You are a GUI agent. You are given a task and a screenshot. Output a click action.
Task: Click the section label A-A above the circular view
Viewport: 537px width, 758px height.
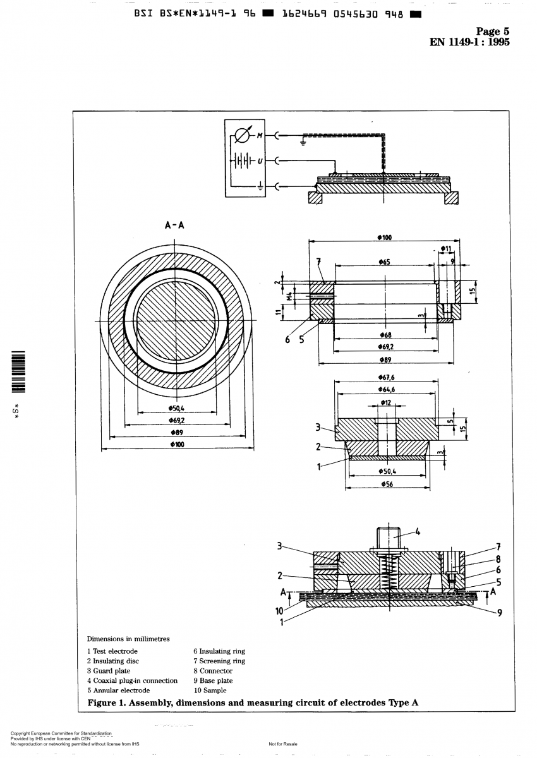coord(174,224)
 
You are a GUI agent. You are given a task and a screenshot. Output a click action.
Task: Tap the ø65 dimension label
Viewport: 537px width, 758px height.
coord(384,260)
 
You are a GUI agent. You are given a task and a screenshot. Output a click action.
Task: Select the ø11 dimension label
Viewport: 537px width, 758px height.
coord(447,249)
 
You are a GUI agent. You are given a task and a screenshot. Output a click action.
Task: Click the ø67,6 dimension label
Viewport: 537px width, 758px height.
coord(385,377)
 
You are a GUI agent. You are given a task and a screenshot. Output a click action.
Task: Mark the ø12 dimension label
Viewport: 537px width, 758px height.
coord(385,402)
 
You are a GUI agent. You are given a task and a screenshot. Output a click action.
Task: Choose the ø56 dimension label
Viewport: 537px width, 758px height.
coord(385,484)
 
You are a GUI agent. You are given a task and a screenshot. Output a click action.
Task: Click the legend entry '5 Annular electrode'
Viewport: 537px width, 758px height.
coord(118,690)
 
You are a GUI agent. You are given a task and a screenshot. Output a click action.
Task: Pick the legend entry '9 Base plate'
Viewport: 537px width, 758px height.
coord(213,680)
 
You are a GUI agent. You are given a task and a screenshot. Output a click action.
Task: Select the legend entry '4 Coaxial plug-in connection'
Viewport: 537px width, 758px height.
coord(132,680)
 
